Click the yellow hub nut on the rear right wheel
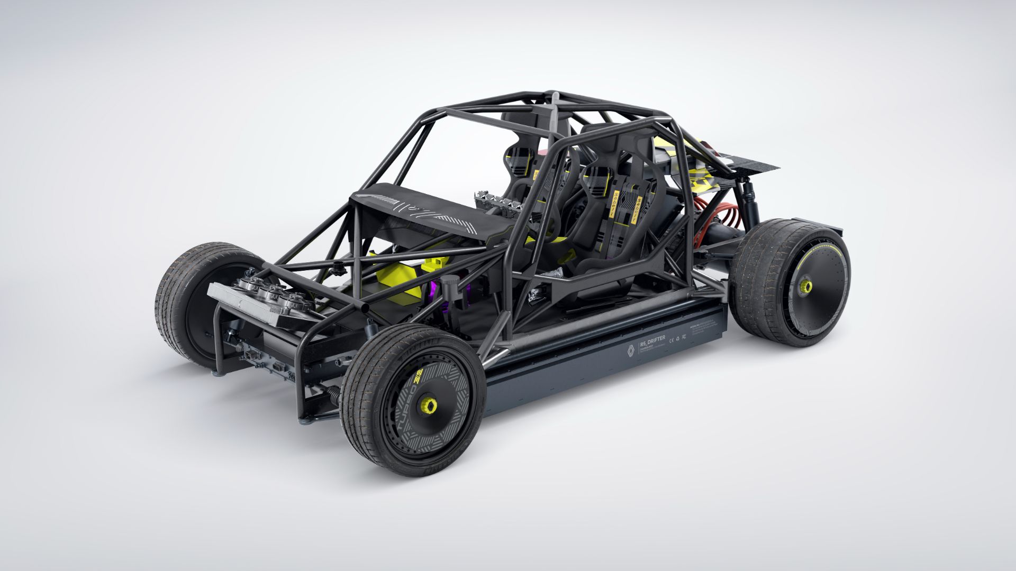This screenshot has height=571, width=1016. pyautogui.click(x=806, y=287)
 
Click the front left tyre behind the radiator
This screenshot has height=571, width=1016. pyautogui.click(x=175, y=296)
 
